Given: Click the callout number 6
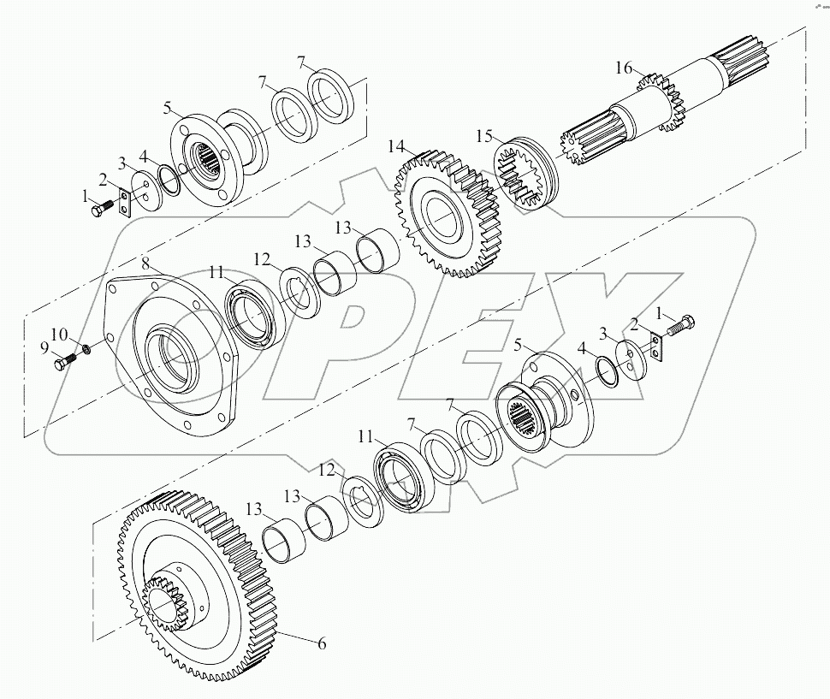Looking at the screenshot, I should click(x=321, y=643).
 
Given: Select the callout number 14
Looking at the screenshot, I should click(x=395, y=147).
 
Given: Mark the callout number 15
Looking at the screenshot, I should click(x=484, y=136).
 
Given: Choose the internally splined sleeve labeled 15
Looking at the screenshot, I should click(x=527, y=176).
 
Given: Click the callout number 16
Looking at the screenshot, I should click(x=624, y=68).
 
